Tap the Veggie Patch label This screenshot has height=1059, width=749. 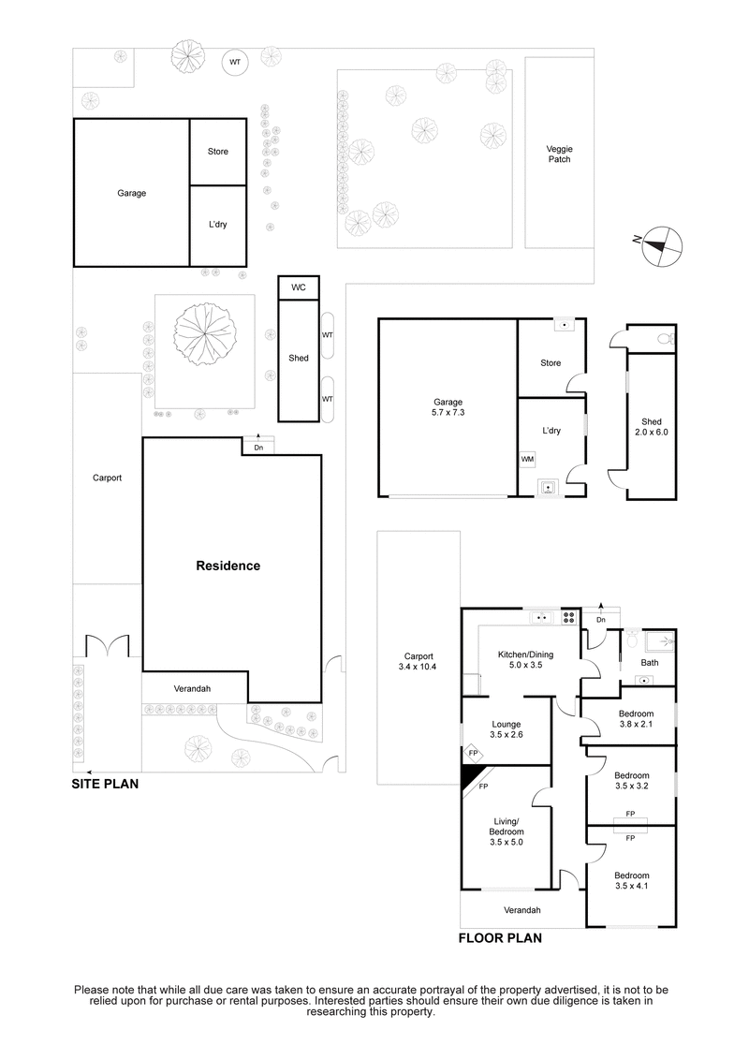pos(559,154)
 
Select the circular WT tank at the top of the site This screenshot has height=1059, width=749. pos(234,63)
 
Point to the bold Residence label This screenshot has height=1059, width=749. pos(228,566)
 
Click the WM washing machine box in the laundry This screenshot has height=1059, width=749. pos(527,460)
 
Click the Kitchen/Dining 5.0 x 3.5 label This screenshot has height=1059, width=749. pos(506,658)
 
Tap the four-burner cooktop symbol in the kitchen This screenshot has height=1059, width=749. pos(568,617)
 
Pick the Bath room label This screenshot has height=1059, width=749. pos(649,663)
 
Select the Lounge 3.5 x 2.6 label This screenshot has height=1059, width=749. pos(506,730)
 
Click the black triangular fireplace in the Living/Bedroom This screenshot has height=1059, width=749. pos(471,776)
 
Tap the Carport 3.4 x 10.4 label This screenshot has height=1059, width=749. pos(419,661)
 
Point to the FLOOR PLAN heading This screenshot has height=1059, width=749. pos(499,936)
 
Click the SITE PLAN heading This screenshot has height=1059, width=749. pos(105,785)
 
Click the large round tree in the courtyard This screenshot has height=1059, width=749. pos(205,333)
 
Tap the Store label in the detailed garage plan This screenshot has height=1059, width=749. pos(551,362)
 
